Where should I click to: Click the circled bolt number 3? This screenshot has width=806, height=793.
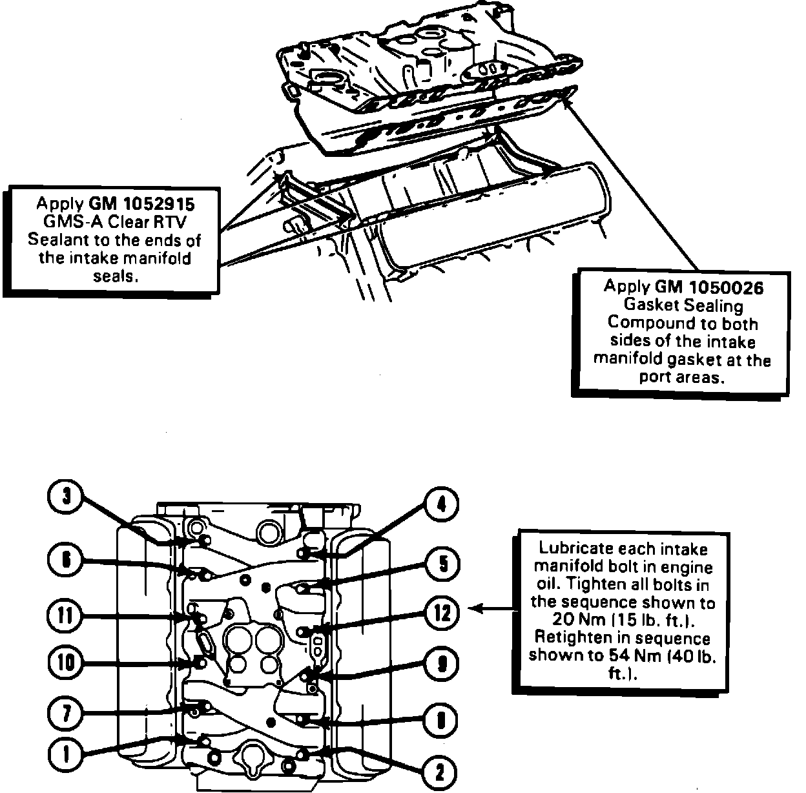click(x=66, y=498)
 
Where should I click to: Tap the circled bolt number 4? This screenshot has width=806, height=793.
click(x=442, y=505)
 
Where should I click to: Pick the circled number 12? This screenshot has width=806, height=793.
click(x=442, y=613)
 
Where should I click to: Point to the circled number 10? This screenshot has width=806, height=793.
click(x=66, y=662)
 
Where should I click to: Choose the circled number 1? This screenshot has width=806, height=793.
click(x=66, y=754)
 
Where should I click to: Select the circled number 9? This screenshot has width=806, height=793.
click(x=442, y=664)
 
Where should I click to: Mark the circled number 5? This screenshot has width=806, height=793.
click(x=442, y=564)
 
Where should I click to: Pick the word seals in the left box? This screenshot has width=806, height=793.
click(x=113, y=276)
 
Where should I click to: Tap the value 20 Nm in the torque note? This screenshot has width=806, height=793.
click(x=575, y=621)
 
